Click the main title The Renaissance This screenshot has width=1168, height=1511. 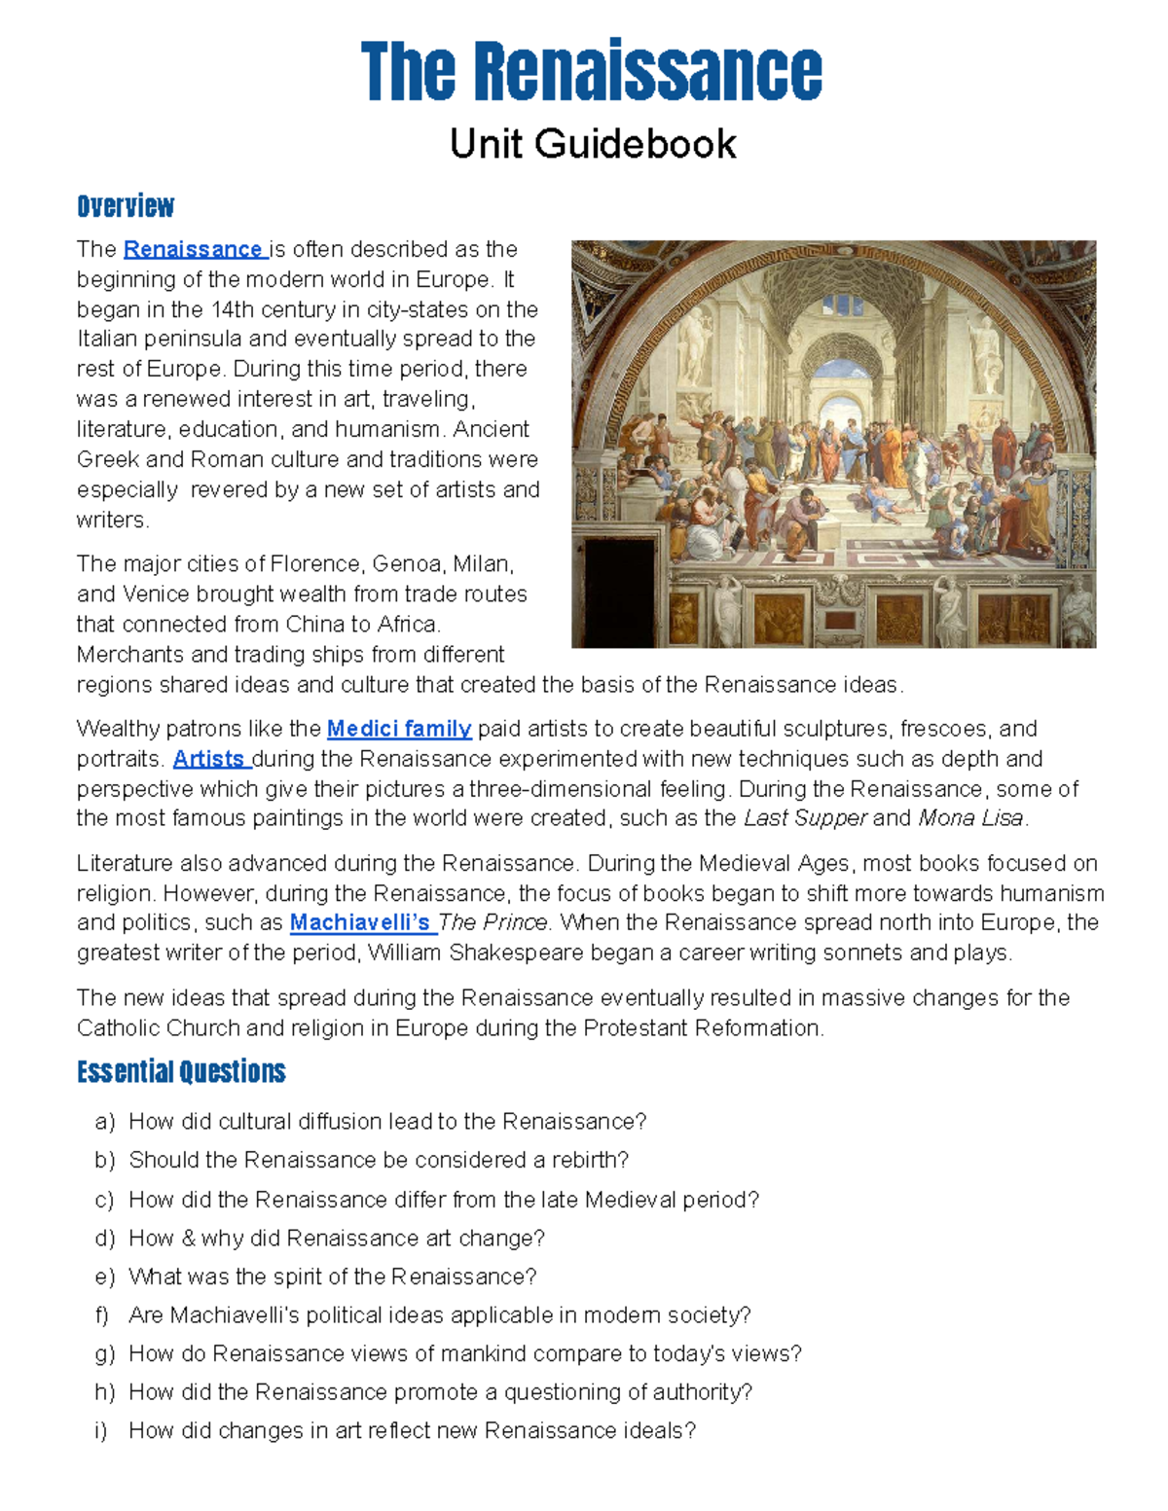(591, 72)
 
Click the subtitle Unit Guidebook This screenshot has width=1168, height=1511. (592, 144)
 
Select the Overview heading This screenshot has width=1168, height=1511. (126, 206)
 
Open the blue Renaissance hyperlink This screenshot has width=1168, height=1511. (194, 249)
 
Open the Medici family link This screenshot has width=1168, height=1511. (399, 729)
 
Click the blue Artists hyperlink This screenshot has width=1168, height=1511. (209, 759)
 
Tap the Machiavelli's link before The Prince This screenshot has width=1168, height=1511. (360, 922)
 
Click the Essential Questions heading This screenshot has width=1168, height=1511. (181, 1072)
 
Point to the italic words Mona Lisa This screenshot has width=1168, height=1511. (970, 818)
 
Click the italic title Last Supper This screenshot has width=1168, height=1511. (804, 818)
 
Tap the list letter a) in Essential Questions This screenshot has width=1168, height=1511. (104, 1122)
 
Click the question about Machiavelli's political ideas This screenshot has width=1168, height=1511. (439, 1315)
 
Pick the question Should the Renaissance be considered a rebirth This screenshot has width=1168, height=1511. (379, 1160)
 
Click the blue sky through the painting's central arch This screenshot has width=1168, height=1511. (834, 369)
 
